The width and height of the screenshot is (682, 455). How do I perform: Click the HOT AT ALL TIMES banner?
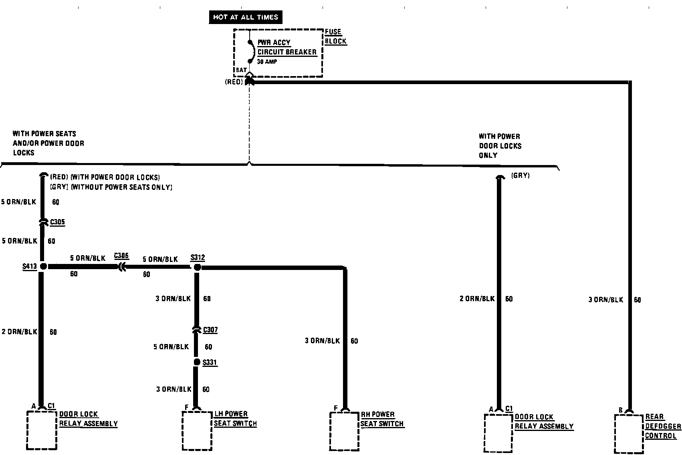tap(245, 17)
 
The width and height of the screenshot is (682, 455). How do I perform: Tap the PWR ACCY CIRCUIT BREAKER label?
tap(287, 47)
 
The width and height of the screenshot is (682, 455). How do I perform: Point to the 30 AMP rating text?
tap(267, 62)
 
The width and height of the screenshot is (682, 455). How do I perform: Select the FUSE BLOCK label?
tap(335, 36)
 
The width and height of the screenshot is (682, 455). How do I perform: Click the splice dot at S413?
tap(43, 266)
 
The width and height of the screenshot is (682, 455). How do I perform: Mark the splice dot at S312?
tap(197, 267)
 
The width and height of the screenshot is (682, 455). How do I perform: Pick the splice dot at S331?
tap(197, 362)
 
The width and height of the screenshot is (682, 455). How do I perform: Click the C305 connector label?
tap(57, 222)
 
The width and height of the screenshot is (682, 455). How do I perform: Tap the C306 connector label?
tap(121, 256)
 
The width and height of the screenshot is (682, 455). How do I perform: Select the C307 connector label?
tap(210, 330)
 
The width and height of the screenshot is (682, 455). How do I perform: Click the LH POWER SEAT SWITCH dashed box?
tap(197, 431)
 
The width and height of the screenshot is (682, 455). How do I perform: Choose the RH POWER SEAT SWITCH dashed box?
tap(344, 431)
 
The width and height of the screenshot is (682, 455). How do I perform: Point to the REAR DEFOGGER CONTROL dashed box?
tap(629, 434)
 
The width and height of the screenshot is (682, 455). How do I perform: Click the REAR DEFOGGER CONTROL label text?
tap(663, 427)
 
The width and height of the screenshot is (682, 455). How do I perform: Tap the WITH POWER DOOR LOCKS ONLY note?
tap(500, 146)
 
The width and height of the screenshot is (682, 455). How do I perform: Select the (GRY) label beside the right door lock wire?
tap(521, 176)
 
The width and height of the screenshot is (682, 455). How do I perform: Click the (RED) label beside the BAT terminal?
tap(234, 82)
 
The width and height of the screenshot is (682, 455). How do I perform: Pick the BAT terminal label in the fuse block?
tap(241, 70)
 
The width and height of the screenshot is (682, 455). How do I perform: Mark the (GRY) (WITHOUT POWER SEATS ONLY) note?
tap(111, 187)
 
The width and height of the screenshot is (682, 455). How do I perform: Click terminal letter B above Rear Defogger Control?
tap(620, 410)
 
